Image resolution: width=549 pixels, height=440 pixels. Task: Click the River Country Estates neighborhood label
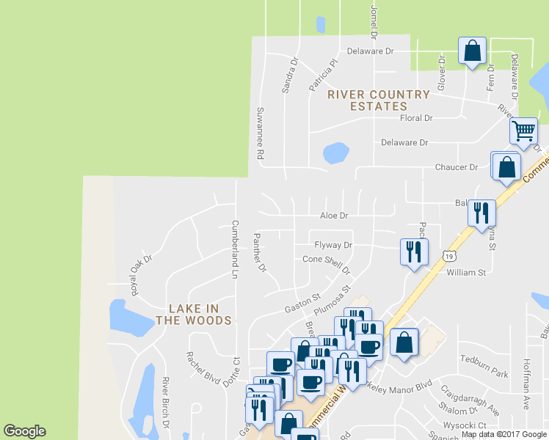(378, 100)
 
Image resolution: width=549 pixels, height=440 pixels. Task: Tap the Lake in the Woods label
(194, 315)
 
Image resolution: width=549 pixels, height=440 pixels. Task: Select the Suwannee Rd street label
(259, 133)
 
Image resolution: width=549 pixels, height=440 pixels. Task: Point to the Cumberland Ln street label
(236, 249)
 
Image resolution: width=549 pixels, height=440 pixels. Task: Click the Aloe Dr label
(333, 216)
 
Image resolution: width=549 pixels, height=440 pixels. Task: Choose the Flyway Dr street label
(333, 245)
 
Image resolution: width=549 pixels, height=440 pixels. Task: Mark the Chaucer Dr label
(457, 167)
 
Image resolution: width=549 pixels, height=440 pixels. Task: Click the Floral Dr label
(416, 118)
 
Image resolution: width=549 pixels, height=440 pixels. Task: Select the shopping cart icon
(523, 131)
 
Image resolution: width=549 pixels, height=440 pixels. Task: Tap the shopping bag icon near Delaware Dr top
(472, 51)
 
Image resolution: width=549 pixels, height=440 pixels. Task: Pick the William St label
(466, 273)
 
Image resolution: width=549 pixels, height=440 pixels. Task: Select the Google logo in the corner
(24, 431)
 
